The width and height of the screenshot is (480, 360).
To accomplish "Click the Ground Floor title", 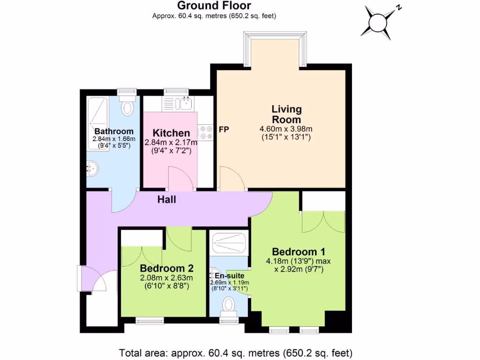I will [x=213, y=6].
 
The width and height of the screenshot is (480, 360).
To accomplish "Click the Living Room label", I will [x=286, y=114].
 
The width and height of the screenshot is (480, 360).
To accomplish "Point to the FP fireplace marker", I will [x=224, y=129].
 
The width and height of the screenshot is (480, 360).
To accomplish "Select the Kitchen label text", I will [x=171, y=133].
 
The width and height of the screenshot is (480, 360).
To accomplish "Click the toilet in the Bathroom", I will [x=127, y=107].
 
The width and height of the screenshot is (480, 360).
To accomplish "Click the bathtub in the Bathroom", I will [x=97, y=124].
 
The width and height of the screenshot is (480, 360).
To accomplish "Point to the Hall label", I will [x=166, y=200].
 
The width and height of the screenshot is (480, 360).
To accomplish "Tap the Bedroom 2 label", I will [x=167, y=269].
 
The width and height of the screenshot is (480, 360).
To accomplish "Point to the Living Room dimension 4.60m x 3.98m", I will [x=286, y=129].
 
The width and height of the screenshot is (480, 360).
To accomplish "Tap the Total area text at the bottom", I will [x=236, y=352].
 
